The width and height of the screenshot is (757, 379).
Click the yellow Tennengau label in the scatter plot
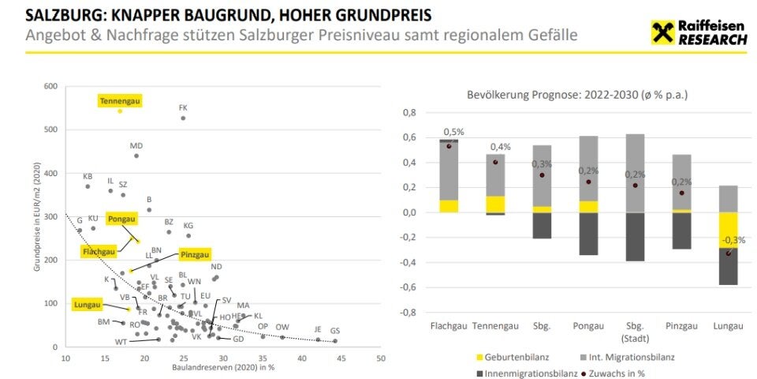click(120, 100)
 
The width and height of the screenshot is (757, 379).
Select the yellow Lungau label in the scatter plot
click(88, 304)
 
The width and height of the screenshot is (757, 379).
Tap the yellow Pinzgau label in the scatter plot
click(195, 254)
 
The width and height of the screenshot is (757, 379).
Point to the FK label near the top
click(183, 107)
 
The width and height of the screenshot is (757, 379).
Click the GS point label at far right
click(335, 331)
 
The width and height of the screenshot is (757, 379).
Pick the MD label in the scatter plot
click(136, 146)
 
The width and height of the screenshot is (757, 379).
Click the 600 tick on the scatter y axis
click(51, 86)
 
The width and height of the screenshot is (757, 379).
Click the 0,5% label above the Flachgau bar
click(453, 132)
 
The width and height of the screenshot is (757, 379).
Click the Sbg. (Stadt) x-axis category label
click(635, 330)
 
